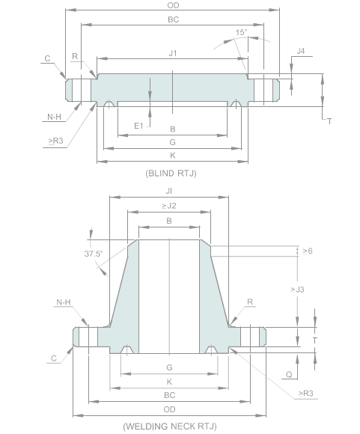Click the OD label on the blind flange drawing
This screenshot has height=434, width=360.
[173, 6]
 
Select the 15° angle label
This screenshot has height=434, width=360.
[241, 33]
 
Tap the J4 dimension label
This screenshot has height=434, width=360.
[300, 51]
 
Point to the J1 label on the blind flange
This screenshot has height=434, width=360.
[173, 52]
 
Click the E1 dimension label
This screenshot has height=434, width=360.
[138, 126]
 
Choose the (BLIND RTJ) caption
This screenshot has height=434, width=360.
[171, 173]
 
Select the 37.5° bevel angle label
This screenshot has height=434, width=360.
[94, 253]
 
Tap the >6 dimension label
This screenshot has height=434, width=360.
[306, 251]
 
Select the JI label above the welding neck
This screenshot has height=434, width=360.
[169, 191]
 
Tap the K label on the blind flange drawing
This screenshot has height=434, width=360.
[173, 155]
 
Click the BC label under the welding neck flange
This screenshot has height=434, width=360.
[169, 394]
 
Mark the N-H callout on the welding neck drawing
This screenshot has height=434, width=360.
[64, 303]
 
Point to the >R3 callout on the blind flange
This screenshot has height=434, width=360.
[55, 141]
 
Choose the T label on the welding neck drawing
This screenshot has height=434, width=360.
[315, 339]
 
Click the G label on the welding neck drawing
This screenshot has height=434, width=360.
[169, 367]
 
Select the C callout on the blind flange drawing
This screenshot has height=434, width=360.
[47, 58]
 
